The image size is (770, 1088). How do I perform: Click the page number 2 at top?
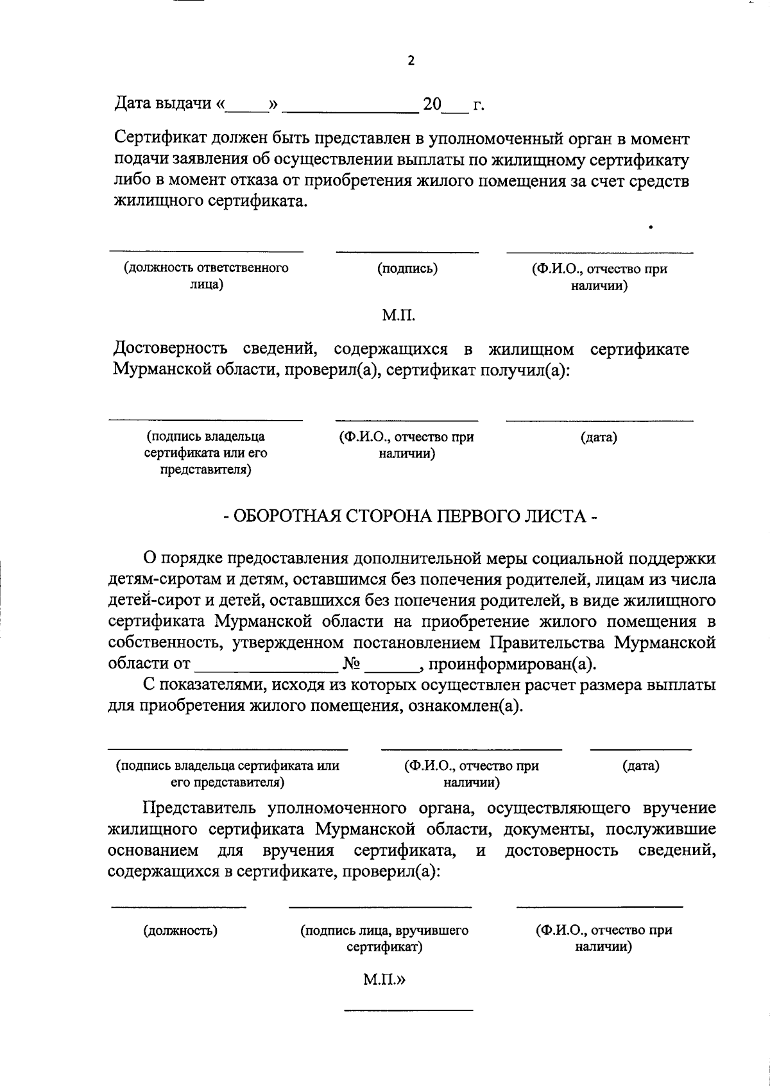411,61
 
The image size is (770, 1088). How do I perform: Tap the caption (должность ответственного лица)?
206,276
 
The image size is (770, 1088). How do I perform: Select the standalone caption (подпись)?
407,268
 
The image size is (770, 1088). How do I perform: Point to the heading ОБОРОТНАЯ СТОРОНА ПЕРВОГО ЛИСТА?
411,516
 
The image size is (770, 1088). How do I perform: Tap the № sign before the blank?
350,663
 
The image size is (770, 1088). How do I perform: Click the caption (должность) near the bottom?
180,930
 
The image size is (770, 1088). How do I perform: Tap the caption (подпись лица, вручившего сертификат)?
384,938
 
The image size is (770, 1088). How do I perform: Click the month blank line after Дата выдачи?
350,110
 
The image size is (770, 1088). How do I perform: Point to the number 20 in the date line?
432,103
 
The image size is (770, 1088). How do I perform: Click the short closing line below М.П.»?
408,1010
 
